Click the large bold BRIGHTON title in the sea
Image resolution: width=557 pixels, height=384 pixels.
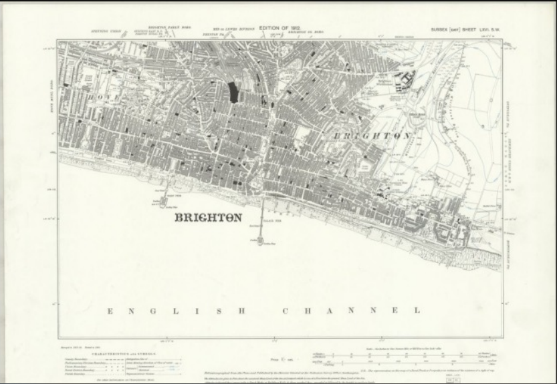click(208, 218)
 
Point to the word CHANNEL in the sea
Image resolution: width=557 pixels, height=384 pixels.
click(352, 311)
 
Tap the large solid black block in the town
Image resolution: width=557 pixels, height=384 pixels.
click(233, 91)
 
